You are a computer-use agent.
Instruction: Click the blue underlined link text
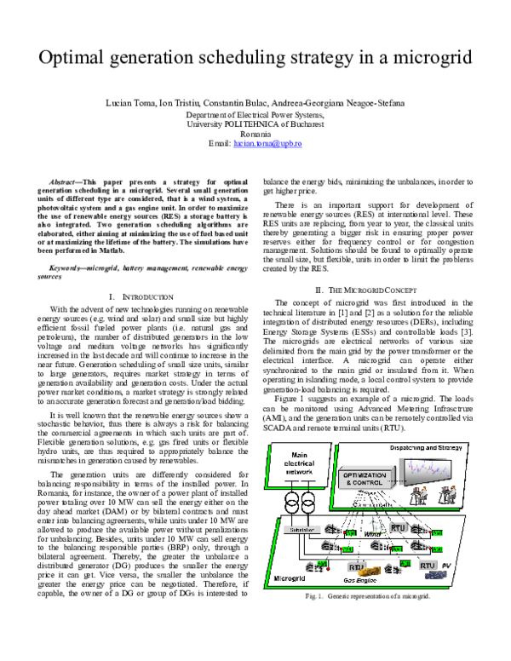coord(267,145)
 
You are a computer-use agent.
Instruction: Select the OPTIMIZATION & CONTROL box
coord(366,480)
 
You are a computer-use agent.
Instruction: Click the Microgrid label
coord(290,578)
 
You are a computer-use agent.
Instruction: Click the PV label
coord(445,565)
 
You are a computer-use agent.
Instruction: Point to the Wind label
coord(372,534)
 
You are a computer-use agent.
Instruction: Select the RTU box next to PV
coord(427,565)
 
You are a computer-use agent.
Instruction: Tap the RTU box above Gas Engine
coord(355,566)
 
